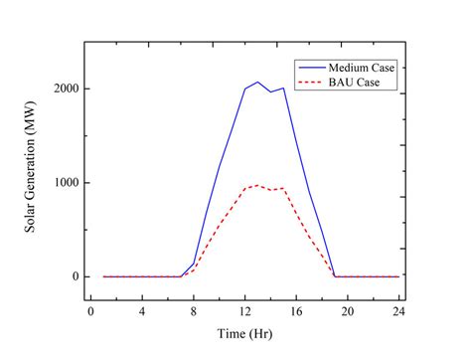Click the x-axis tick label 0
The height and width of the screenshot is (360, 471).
91,312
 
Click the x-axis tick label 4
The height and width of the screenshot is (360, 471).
142,312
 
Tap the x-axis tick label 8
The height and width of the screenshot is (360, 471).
194,312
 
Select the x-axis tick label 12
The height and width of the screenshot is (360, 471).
245,312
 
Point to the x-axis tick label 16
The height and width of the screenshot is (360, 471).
296,312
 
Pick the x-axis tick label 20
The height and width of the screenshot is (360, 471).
348,312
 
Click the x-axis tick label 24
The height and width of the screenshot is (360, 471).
398,312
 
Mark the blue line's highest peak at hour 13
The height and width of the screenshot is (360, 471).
257,82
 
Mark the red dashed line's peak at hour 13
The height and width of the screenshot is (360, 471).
257,185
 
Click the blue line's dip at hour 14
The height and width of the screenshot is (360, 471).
270,91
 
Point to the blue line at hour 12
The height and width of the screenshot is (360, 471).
245,89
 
